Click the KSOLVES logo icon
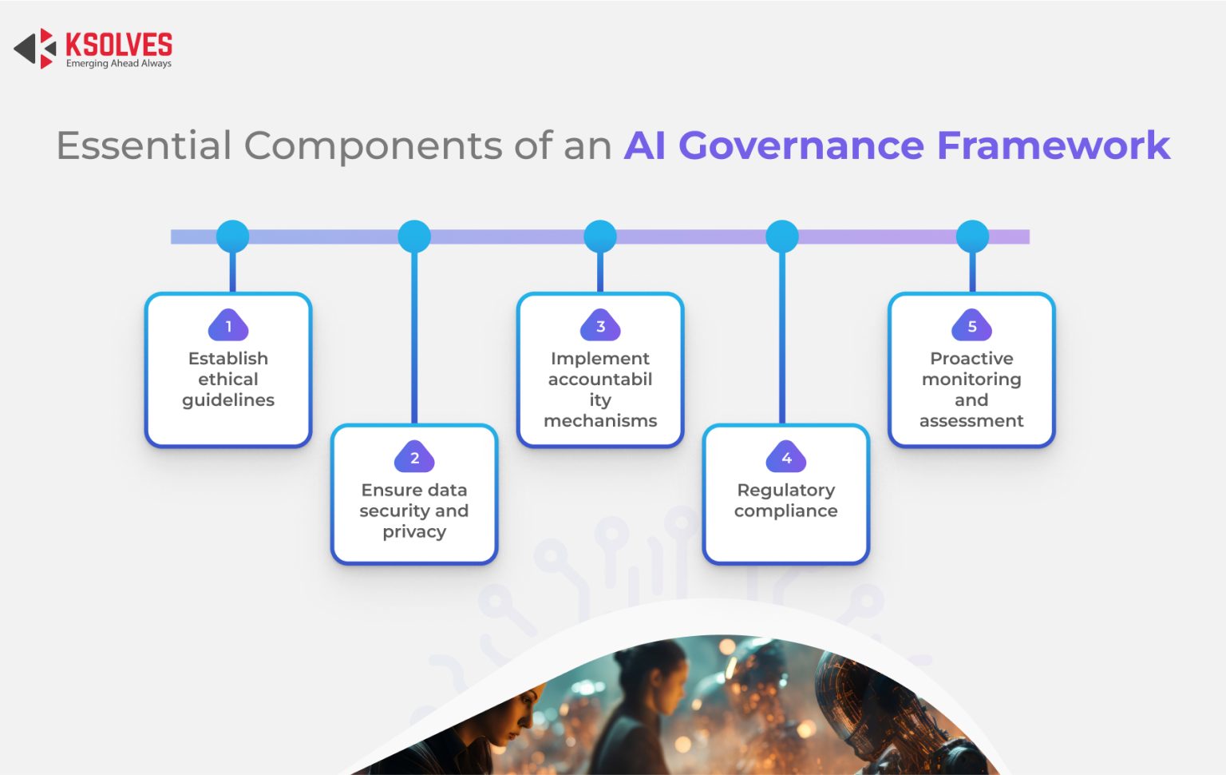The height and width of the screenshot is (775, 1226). tap(36, 49)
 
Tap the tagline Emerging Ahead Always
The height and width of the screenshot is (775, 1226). tap(118, 64)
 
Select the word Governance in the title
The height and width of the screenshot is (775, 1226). tap(801, 145)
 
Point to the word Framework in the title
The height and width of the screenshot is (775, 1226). tap(1053, 145)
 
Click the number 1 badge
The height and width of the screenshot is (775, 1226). tap(228, 326)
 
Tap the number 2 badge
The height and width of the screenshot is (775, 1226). tap(414, 458)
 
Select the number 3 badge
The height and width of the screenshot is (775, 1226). tap(600, 326)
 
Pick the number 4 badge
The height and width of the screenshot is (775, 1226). tap(786, 458)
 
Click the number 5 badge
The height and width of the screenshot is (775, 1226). tap(971, 326)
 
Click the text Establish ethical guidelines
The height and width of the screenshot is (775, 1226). tap(228, 380)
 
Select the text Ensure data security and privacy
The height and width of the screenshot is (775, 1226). tap(414, 511)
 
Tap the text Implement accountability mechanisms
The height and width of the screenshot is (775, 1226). tap(600, 390)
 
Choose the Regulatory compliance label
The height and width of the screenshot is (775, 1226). tap(786, 500)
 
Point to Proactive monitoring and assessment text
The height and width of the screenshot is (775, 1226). tap(971, 390)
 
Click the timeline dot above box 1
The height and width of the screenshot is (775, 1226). tap(232, 236)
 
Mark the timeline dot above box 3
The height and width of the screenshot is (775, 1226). tap(600, 236)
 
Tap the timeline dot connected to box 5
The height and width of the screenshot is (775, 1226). tap(972, 236)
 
